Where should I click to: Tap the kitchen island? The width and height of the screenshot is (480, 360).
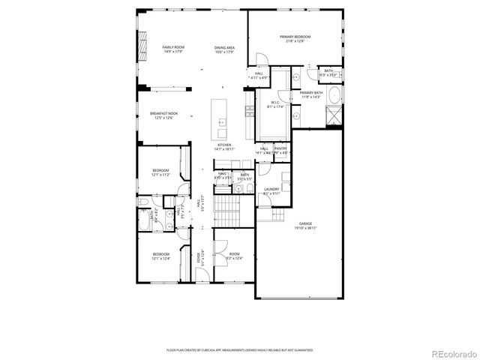[x=220, y=115]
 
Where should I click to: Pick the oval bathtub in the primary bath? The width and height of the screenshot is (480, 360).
[x=334, y=95]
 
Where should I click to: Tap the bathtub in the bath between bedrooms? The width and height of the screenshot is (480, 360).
[x=145, y=220]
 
